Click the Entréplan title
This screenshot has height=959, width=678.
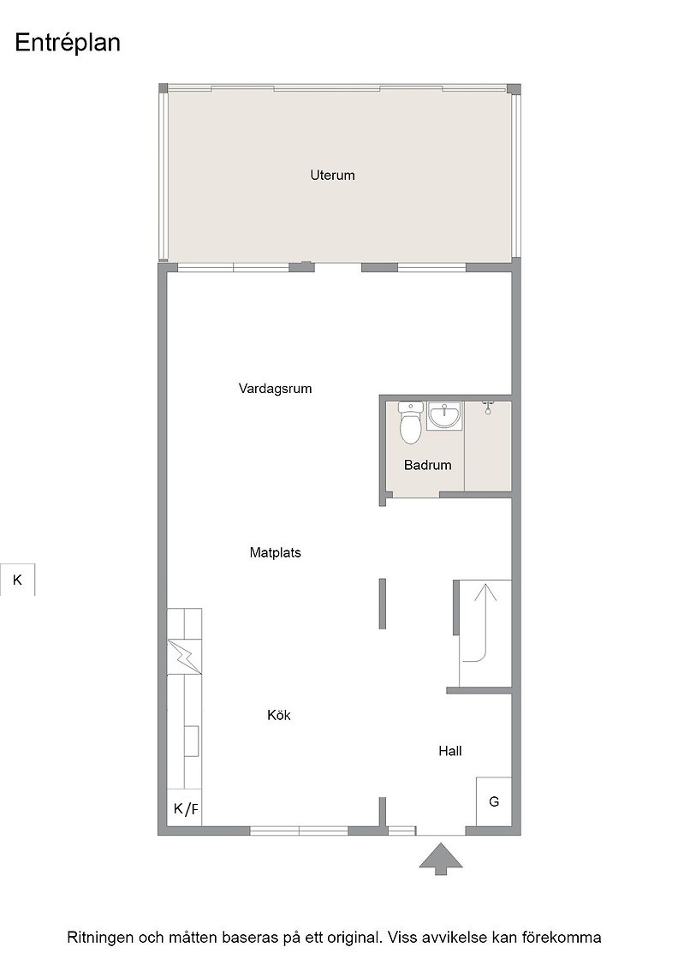click(x=68, y=44)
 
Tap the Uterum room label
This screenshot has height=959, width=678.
click(x=332, y=175)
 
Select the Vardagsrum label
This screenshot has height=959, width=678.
click(x=275, y=389)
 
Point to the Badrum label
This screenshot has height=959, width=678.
click(x=427, y=465)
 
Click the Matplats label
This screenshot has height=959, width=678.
click(x=275, y=552)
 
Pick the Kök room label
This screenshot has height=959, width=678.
click(x=279, y=714)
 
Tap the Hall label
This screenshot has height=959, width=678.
click(x=450, y=751)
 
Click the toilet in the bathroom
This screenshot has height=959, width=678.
click(x=410, y=422)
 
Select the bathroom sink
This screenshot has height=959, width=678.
click(x=444, y=416)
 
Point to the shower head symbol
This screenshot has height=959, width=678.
click(x=488, y=408)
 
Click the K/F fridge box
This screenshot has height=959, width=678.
click(x=185, y=808)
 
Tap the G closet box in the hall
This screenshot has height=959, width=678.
click(x=494, y=801)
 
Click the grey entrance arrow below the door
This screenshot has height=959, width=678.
click(x=440, y=858)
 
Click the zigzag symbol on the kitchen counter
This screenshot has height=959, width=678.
click(x=185, y=656)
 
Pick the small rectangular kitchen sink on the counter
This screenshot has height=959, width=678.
click(x=192, y=742)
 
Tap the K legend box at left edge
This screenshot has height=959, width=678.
click(x=17, y=580)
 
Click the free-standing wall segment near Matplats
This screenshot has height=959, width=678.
click(x=383, y=604)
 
